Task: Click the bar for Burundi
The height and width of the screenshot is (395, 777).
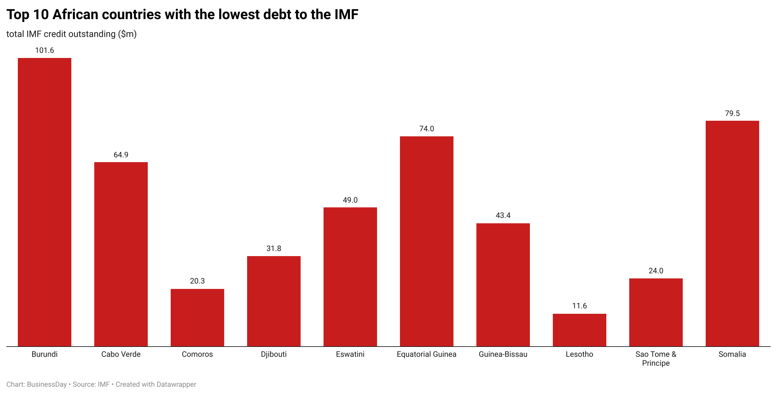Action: (45, 202)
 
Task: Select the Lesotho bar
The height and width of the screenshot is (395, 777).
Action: (579, 330)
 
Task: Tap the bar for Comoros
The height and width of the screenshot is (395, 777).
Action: (197, 318)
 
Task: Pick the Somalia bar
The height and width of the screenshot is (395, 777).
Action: (732, 233)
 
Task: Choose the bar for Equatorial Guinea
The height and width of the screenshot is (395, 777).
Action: (426, 241)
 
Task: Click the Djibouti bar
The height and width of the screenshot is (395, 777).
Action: (274, 301)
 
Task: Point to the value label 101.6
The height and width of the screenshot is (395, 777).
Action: (45, 50)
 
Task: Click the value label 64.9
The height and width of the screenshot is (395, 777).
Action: (121, 155)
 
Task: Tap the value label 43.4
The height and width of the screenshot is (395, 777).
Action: (503, 215)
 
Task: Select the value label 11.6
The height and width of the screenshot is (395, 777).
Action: (579, 306)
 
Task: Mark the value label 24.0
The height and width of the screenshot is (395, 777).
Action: (656, 271)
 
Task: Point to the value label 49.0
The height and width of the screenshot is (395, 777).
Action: (350, 200)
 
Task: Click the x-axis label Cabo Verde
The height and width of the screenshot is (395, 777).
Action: (121, 354)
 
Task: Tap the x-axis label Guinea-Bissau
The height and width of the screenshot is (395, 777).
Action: (503, 354)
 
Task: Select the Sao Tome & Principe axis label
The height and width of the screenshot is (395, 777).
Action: (656, 359)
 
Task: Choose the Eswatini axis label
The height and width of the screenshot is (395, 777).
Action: (350, 354)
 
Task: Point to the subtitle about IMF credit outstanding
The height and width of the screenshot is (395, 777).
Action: (71, 34)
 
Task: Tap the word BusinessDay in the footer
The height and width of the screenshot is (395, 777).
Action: (47, 384)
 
